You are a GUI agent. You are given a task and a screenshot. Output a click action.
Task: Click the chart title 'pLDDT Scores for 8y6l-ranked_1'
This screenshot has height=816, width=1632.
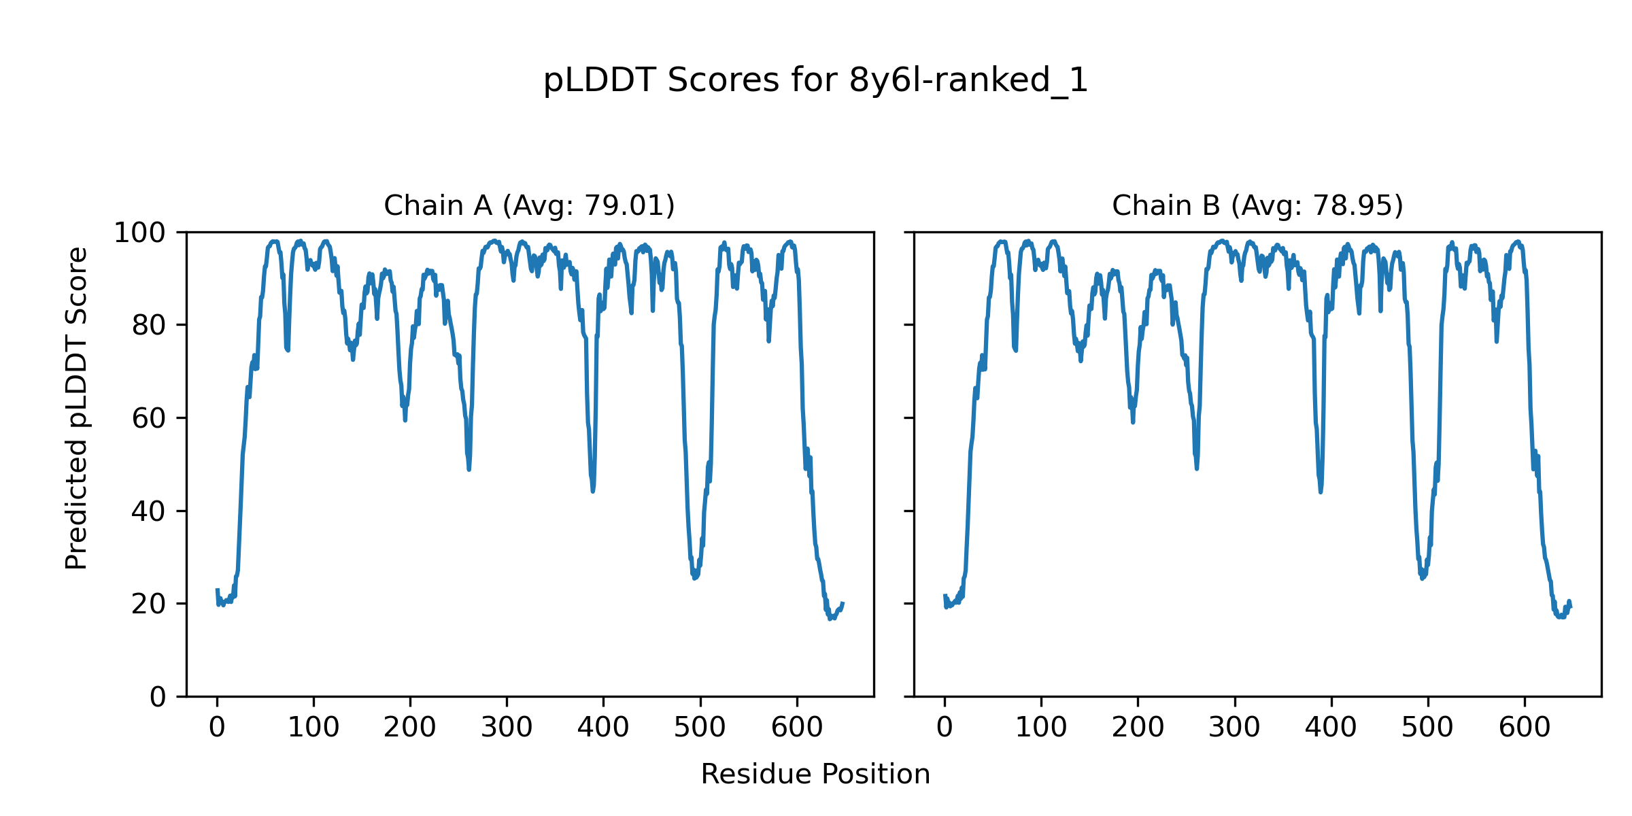(x=815, y=81)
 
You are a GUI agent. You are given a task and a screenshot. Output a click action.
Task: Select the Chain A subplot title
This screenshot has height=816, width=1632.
(x=529, y=205)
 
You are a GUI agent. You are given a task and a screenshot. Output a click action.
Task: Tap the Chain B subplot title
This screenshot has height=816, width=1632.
(x=1257, y=205)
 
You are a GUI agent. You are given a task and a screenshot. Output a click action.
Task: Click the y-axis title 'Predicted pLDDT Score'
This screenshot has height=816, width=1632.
(x=77, y=408)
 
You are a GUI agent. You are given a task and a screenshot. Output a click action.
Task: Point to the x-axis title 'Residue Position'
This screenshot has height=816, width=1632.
(x=815, y=775)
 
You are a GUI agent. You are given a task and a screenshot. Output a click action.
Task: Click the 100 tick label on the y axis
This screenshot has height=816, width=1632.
(x=139, y=233)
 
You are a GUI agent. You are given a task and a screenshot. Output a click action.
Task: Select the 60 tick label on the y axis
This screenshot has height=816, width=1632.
(x=149, y=419)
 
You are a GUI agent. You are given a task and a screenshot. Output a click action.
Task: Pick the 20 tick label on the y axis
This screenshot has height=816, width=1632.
(x=149, y=605)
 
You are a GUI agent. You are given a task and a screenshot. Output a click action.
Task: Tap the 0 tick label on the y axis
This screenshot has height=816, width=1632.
(x=158, y=697)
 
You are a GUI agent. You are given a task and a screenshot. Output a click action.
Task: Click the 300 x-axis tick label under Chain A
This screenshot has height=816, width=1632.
(x=507, y=728)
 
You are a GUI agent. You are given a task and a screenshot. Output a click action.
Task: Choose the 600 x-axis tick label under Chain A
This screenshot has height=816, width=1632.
(x=797, y=728)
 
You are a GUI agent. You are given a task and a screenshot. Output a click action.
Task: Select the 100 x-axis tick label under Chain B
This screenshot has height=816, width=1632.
(x=1041, y=728)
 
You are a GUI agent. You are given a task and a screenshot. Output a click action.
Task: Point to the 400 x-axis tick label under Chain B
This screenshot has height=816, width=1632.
(x=1331, y=728)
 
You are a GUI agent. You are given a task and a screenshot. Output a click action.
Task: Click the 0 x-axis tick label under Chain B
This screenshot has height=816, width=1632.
(x=945, y=728)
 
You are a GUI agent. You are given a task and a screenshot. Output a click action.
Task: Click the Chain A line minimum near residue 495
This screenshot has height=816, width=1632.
(x=694, y=578)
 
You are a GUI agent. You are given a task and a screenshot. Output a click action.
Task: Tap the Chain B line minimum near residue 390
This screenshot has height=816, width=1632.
(x=1321, y=492)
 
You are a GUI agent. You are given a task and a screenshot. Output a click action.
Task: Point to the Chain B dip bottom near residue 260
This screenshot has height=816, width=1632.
(x=1197, y=469)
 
